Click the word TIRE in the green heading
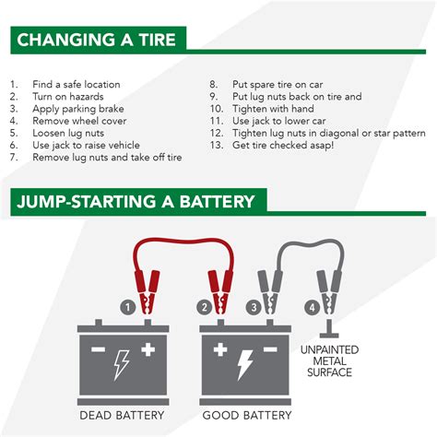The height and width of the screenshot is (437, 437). point(157,40)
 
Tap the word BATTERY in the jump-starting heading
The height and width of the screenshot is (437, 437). point(217,202)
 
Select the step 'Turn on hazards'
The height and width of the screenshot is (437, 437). point(68,97)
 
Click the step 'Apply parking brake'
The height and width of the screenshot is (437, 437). point(78,109)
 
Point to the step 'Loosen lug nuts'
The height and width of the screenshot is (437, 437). point(68,133)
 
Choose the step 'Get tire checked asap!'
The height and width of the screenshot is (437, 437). point(283,145)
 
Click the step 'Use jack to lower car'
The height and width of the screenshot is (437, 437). point(278,121)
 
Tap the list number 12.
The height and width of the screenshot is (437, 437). point(217,133)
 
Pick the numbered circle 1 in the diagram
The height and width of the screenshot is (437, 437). point(128,307)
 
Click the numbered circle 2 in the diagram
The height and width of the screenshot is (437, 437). point(205,307)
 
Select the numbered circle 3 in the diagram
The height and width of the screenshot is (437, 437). point(254,307)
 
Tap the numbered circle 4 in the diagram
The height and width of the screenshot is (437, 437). point(313,307)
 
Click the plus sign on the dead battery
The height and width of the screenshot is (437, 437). point(148,349)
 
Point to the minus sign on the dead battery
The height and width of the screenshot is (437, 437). point(99,349)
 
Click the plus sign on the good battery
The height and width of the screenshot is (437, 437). point(220,349)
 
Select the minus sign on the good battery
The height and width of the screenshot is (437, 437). point(270,349)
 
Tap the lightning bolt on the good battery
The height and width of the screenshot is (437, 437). point(245,365)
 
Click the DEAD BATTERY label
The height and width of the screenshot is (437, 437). point(122,416)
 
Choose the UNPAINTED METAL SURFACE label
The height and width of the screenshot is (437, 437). point(329,361)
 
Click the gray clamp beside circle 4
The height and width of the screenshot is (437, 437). point(329,292)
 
